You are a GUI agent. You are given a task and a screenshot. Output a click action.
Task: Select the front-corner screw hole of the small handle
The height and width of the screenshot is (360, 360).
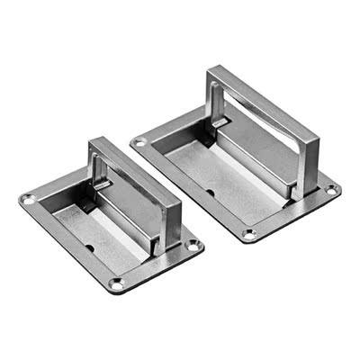115,284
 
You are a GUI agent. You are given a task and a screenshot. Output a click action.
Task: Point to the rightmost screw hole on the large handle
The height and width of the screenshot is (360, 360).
331,190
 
